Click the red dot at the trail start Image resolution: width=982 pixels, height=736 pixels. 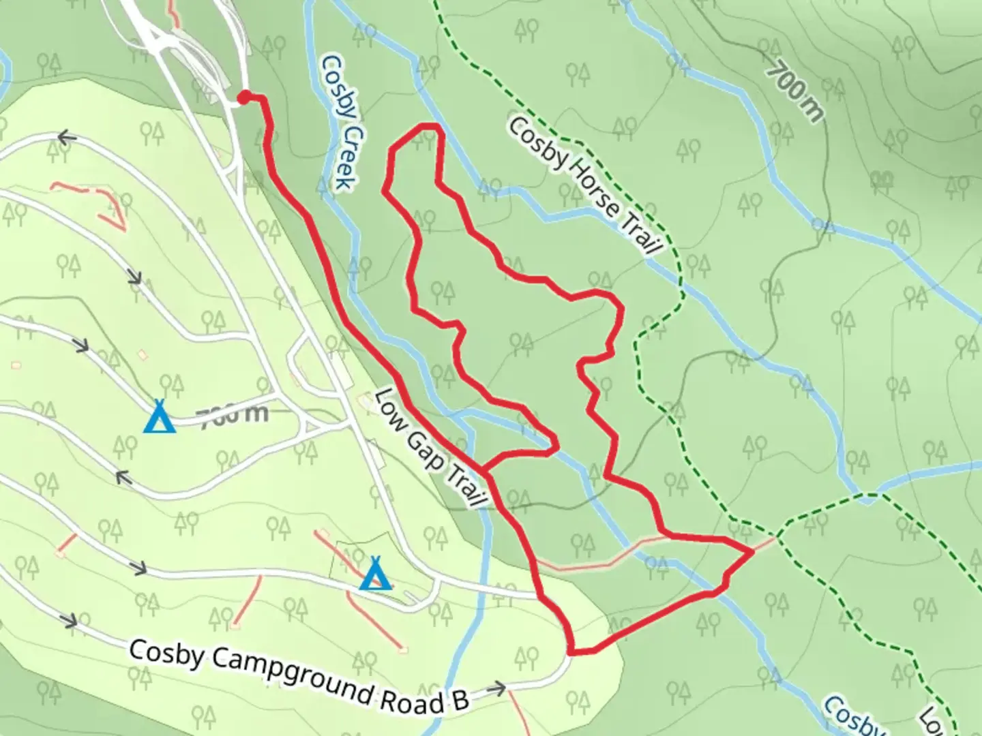tap(243, 98)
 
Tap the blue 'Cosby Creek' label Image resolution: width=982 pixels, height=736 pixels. tap(338, 123)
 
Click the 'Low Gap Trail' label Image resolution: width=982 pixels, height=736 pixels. tap(431, 448)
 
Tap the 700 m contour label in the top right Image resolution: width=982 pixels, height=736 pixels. tap(794, 91)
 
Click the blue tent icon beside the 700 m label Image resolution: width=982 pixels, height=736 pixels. tap(160, 417)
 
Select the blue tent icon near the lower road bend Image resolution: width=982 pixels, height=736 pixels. tap(374, 574)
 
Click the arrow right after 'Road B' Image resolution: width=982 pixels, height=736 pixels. tap(496, 689)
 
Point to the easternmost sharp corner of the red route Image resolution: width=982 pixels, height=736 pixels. tap(753, 549)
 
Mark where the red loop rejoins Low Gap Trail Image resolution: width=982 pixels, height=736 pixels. tap(485, 470)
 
